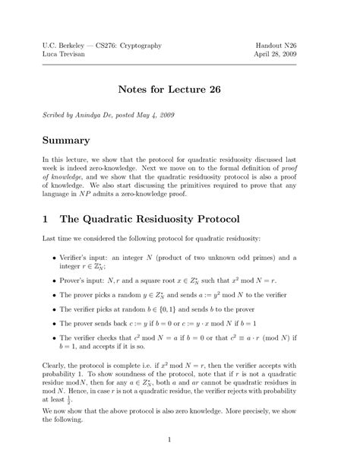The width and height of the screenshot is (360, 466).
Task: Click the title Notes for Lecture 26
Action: tap(179, 90)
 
